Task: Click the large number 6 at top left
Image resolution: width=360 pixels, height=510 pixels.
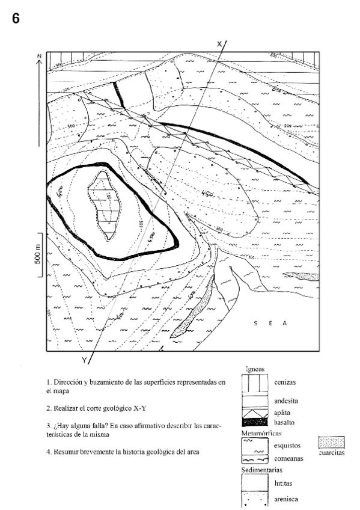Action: (16, 19)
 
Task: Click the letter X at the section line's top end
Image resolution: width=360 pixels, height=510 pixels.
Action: (219, 43)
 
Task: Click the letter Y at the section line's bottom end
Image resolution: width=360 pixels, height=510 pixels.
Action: (84, 360)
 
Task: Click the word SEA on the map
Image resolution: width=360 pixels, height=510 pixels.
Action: (270, 324)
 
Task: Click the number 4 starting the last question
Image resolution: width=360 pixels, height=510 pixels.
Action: (48, 451)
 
